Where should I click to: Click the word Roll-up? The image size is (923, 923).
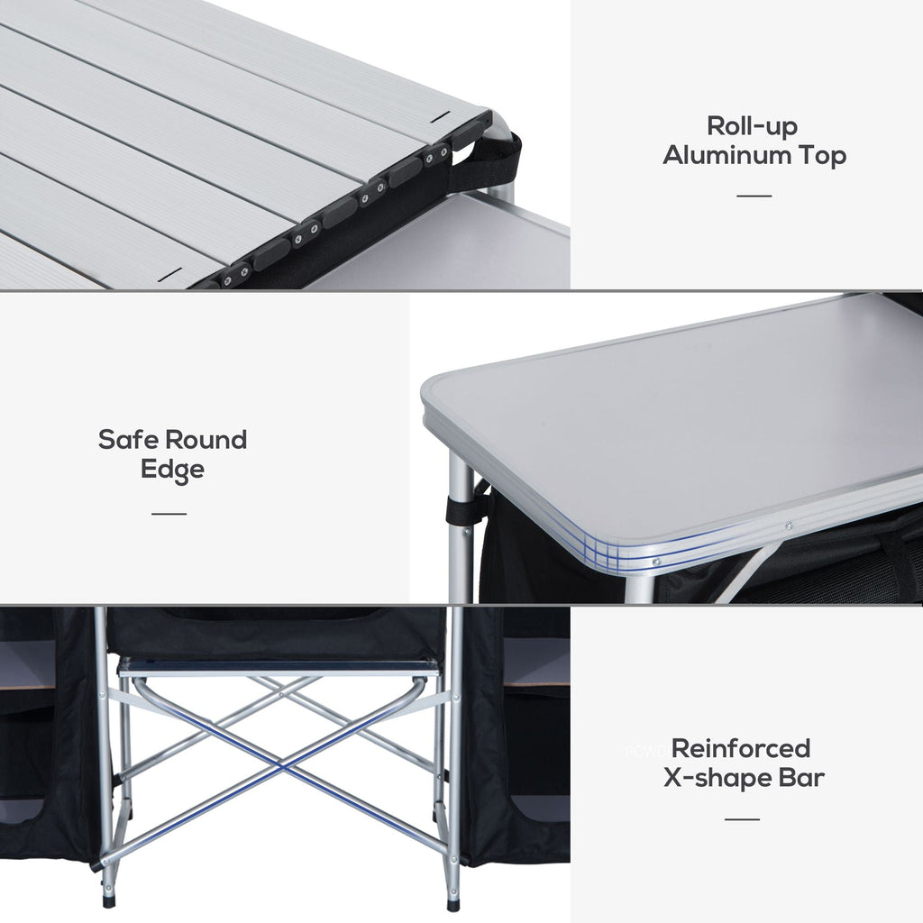753,125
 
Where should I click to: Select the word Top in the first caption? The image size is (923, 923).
819,155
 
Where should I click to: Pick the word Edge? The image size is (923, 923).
172,470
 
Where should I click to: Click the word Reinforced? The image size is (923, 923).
741,748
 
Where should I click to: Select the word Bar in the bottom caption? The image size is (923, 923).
800,778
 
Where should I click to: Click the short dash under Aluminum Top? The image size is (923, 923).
754,195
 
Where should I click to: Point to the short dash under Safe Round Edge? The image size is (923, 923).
169,514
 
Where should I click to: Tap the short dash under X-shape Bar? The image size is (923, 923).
742,818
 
